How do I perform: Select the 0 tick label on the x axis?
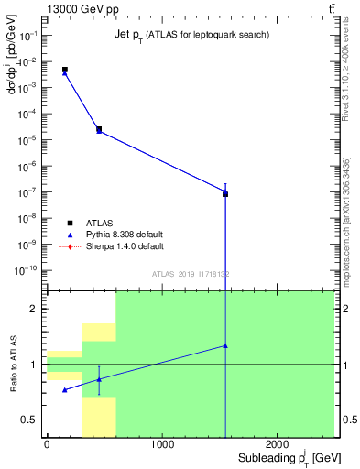tap(47, 444)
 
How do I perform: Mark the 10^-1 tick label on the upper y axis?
tap(28, 35)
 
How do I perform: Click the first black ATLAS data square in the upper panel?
tap(64, 70)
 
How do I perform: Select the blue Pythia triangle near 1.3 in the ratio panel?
tap(225, 346)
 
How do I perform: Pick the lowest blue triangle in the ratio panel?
tap(64, 389)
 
